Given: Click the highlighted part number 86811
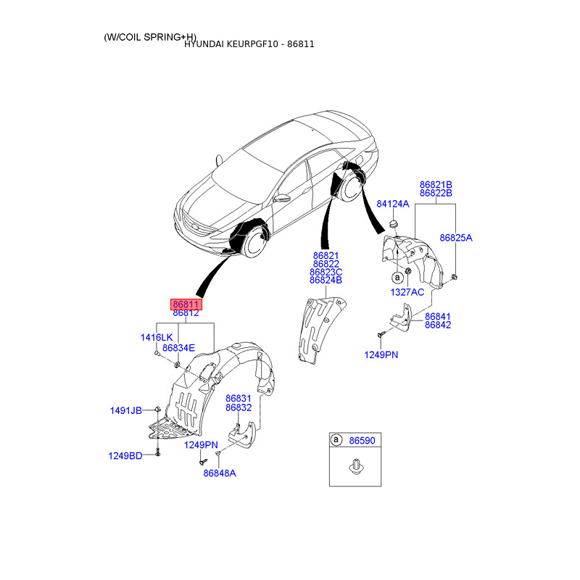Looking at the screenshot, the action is point(186,304).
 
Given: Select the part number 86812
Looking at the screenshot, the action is point(186,313).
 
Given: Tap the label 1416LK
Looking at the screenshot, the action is point(157,337).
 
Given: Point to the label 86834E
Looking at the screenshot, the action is point(178,348).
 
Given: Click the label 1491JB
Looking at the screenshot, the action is point(125,410).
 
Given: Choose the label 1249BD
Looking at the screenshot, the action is point(125,456).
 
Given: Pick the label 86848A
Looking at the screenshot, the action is point(220,473).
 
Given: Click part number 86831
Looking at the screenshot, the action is point(239,398).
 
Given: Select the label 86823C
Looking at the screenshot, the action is point(326,273).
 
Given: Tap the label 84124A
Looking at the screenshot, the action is point(393,204).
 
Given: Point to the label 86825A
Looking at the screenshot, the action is point(456,238).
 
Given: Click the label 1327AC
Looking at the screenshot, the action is point(407,292).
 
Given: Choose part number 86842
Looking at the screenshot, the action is point(438,325).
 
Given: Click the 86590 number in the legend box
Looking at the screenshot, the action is point(362,440).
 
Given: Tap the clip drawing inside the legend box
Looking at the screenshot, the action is point(356,466).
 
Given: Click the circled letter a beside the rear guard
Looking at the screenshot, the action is point(397,277).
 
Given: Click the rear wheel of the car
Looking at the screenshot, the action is point(351,188).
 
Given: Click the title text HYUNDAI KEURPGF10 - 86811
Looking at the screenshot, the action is point(249,44).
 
